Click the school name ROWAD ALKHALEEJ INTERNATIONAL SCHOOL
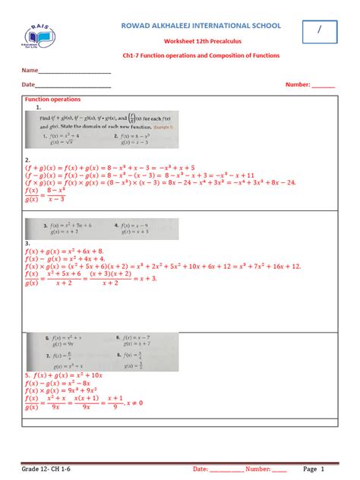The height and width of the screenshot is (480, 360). [201, 26]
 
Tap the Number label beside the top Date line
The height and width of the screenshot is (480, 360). [298, 85]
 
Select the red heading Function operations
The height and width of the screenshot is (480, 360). [53, 99]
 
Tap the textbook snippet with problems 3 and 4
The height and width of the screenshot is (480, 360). [103, 229]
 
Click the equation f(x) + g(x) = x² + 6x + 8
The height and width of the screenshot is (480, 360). [64, 251]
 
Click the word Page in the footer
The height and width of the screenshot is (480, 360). [310, 469]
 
